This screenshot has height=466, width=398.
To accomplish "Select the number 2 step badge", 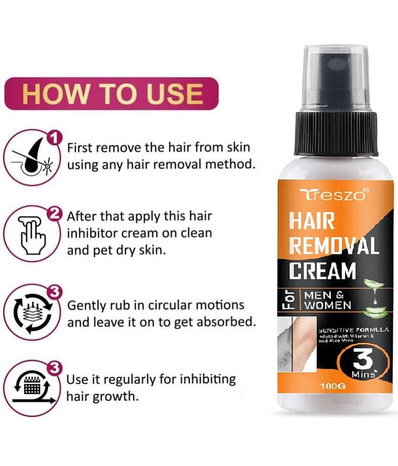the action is click(54, 213).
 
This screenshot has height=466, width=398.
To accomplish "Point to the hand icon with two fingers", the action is click(32, 235).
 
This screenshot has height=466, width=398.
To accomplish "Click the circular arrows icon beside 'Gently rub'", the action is click(32, 313).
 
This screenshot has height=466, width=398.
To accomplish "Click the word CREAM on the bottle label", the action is click(322, 270).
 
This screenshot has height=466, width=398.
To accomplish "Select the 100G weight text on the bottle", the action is click(333, 386).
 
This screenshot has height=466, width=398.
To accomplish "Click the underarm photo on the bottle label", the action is click(297, 344).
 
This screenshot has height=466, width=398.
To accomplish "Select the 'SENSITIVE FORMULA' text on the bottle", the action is click(354, 330).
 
